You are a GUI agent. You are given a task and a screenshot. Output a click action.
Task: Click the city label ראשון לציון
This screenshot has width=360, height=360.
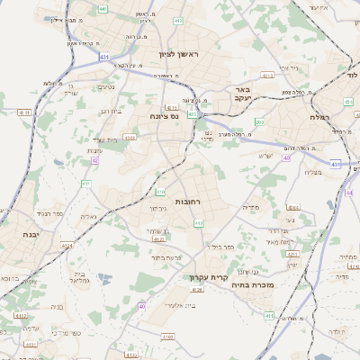pos(183,55)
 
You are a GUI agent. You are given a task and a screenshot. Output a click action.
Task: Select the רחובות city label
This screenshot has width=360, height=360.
pos(192,202)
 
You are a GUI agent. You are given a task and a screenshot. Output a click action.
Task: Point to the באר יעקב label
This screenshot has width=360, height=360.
pos(239,94)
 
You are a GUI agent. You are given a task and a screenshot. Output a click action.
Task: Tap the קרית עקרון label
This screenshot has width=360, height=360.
pos(205,277)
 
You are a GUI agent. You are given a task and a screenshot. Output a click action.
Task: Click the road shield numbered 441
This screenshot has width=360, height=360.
pos(103,9)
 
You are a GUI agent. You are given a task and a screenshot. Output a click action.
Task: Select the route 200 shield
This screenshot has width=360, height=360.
pos(259,121)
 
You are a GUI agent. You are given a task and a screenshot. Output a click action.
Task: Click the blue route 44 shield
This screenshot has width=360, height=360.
pos(351,193)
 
